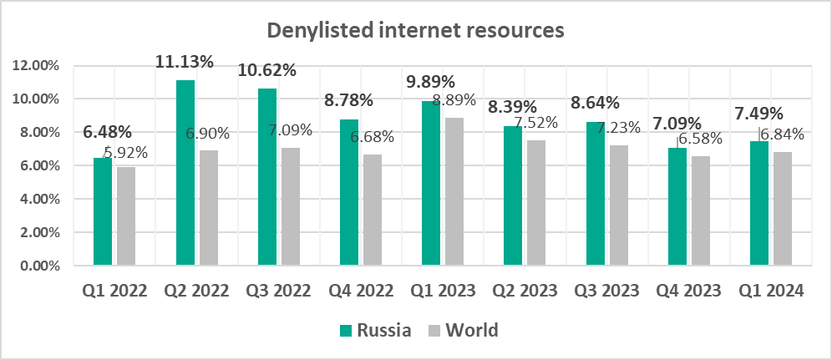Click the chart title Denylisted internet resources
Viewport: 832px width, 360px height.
(415, 31)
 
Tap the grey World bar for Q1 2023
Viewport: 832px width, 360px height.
(454, 191)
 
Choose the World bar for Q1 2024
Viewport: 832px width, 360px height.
(782, 209)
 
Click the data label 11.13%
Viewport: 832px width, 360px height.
(185, 61)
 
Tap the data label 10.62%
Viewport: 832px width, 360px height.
(267, 70)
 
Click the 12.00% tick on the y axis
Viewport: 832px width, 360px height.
(36, 65)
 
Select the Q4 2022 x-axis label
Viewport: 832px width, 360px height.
(360, 291)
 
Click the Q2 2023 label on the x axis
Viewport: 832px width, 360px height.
(525, 291)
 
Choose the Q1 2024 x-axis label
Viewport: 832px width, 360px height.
(772, 291)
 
